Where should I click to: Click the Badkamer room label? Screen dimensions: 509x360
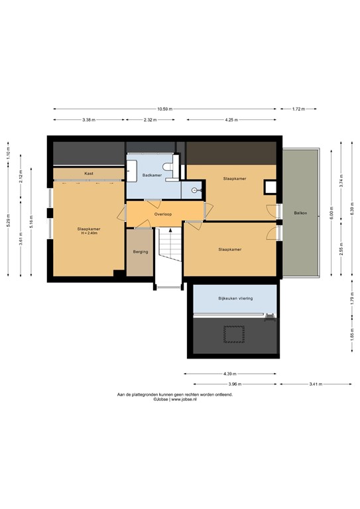pyautogui.click(x=152, y=176)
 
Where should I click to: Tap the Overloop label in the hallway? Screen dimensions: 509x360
pyautogui.click(x=164, y=215)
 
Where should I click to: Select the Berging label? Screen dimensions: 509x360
pyautogui.click(x=140, y=252)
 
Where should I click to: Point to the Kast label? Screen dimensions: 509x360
pyautogui.click(x=88, y=174)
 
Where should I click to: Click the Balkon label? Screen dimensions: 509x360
pyautogui.click(x=299, y=213)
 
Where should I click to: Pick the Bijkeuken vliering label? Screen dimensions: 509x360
pyautogui.click(x=231, y=299)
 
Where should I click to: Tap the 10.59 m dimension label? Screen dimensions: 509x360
pyautogui.click(x=165, y=109)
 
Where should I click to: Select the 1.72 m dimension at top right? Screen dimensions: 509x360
pyautogui.click(x=299, y=109)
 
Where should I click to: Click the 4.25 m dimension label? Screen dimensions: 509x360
pyautogui.click(x=230, y=120)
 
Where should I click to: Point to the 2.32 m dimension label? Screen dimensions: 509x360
pyautogui.click(x=150, y=120)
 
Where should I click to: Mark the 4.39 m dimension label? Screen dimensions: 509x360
pyautogui.click(x=230, y=373)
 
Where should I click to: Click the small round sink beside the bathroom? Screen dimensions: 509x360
pyautogui.click(x=194, y=190)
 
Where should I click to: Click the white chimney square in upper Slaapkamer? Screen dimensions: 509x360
pyautogui.click(x=269, y=187)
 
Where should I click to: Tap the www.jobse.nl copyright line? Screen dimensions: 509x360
pyautogui.click(x=175, y=400)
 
